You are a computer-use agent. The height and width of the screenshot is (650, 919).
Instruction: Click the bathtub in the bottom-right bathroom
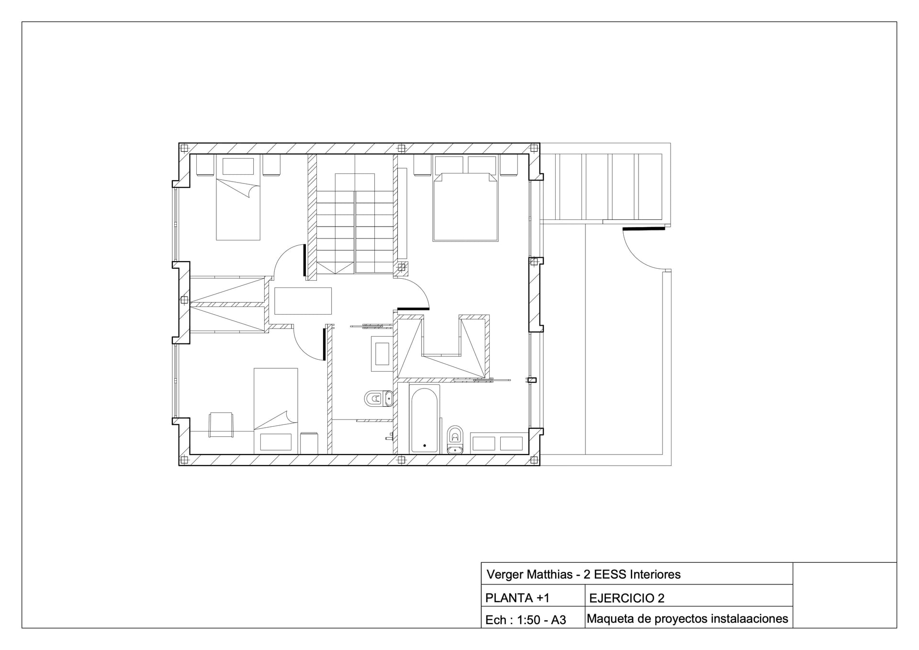425,419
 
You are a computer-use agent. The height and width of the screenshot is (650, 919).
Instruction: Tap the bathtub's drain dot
425,445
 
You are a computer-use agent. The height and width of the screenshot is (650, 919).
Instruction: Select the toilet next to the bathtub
455,438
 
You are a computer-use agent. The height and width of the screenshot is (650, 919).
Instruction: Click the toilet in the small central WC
379,398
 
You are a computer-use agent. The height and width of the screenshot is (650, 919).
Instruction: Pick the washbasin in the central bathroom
381,354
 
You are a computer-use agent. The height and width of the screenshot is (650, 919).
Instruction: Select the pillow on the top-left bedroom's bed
238,166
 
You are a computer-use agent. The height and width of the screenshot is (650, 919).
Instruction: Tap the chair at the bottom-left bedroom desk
221,424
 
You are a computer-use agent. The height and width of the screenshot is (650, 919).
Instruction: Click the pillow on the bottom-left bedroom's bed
275,442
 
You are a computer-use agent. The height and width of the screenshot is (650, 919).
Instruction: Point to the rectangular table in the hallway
303,300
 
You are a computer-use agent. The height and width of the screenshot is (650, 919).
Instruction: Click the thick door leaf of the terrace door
643,229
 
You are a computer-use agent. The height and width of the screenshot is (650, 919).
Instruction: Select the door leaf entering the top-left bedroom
304,260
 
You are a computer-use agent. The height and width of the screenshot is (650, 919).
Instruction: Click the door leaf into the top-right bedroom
413,308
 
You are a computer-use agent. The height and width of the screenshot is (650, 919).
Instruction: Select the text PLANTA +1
517,598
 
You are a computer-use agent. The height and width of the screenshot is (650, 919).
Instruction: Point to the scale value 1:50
528,620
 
